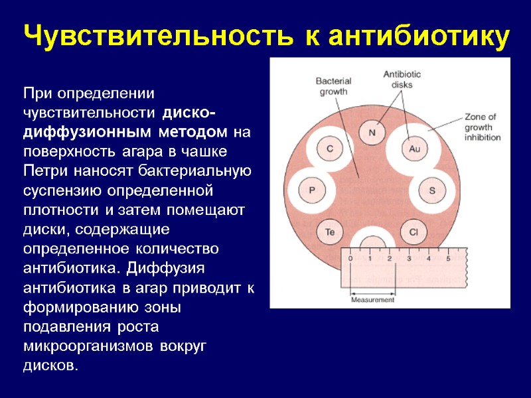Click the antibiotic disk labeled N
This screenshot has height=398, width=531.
pyautogui.click(x=372, y=131)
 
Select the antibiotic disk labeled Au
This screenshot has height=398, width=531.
pyautogui.click(x=415, y=149)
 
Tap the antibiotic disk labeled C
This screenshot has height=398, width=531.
pyautogui.click(x=330, y=149)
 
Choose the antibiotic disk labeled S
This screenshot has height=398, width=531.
pyautogui.click(x=432, y=191)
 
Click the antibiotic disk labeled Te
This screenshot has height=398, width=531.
pyautogui.click(x=330, y=232)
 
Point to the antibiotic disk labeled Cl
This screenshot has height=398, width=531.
pyautogui.click(x=414, y=232)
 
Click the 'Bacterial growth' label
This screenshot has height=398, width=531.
pyautogui.click(x=333, y=86)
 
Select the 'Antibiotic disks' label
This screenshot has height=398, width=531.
pyautogui.click(x=398, y=80)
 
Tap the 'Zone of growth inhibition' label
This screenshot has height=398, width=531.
pyautogui.click(x=483, y=127)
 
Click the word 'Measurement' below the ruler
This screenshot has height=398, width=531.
pyautogui.click(x=372, y=300)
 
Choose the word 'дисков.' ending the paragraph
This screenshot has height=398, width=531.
pyautogui.click(x=50, y=365)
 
